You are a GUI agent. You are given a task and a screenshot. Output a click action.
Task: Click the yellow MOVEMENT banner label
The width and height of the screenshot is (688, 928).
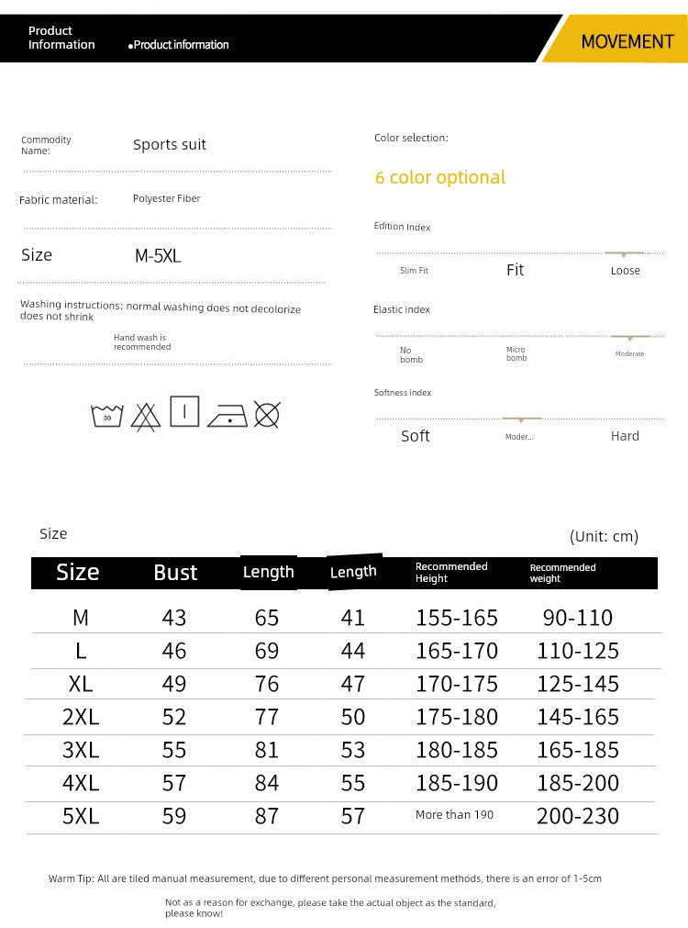pos(627,42)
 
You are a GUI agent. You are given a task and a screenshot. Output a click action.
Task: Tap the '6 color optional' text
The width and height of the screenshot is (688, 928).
pos(440,177)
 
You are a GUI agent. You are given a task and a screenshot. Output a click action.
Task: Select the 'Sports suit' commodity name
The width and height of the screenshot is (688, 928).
pos(170,144)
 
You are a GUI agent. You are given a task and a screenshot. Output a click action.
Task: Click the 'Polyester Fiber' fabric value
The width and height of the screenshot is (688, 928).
pos(166,198)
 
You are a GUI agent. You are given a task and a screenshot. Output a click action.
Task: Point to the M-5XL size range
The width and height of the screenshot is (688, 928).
pos(158,256)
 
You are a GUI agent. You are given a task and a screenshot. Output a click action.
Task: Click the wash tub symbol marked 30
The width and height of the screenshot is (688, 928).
pos(107,416)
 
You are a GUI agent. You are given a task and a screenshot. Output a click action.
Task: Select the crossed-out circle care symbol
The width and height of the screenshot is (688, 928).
pos(266,415)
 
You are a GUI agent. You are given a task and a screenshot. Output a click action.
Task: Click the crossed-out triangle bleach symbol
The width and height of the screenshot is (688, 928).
pos(145,417)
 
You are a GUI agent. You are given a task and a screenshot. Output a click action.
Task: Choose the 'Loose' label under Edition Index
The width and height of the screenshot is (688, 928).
pos(625,271)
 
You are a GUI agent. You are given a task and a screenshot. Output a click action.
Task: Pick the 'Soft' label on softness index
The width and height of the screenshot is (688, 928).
pos(416,436)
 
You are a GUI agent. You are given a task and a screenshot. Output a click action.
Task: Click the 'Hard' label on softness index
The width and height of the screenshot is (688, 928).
pos(625,436)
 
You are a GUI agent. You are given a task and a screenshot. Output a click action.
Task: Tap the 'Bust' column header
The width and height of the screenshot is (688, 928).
pos(175,573)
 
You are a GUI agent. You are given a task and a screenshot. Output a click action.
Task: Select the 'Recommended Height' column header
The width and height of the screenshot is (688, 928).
pos(451,572)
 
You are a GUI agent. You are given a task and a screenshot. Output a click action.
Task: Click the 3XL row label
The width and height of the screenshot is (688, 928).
pos(81,750)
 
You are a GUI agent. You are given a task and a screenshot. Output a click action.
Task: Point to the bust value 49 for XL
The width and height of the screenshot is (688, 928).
pos(174,684)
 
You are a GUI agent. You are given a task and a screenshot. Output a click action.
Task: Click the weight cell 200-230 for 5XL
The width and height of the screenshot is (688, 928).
pos(578,816)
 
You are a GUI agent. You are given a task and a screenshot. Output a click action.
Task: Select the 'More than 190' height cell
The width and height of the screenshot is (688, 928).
pos(455,815)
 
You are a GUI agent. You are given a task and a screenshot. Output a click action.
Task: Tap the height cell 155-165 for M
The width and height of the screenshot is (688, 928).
pos(457,618)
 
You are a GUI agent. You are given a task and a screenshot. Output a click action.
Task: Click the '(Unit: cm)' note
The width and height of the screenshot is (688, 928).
pos(604,536)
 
